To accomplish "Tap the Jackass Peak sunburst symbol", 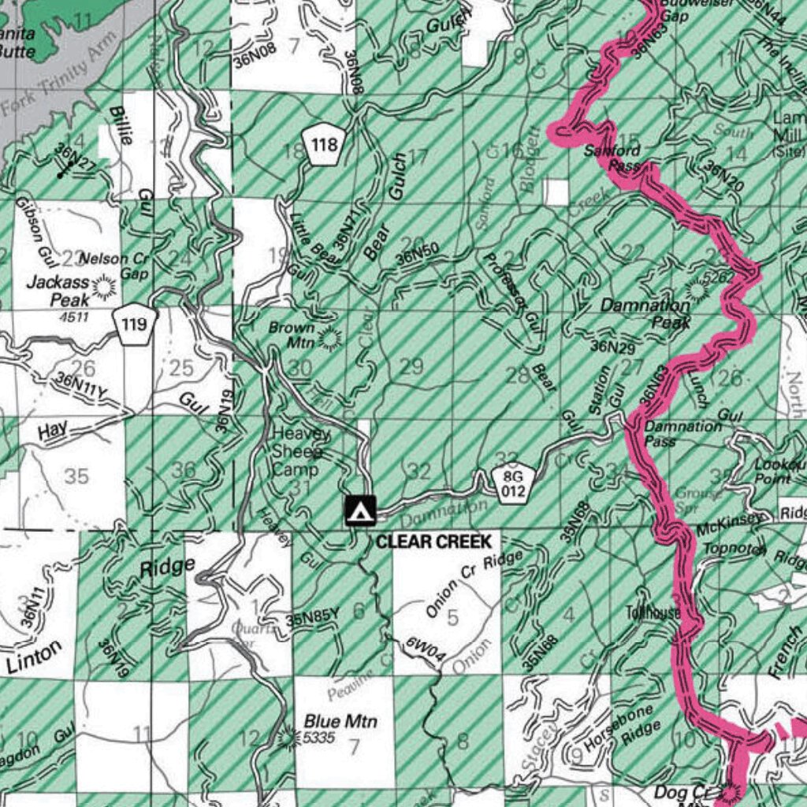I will click(x=103, y=288).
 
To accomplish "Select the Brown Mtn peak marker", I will click(x=329, y=339).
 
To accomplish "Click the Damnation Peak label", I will click(x=645, y=313).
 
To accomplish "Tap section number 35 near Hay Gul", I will click(x=76, y=476).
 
